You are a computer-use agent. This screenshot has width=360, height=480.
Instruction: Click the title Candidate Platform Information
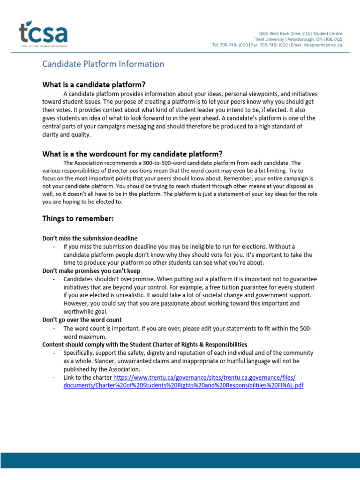coord(103,64)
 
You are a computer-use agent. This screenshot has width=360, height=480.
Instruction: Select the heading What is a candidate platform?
coord(94,84)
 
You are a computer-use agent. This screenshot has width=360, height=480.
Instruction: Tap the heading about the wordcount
coord(132,154)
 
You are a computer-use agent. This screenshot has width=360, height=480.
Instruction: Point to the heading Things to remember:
coord(78,218)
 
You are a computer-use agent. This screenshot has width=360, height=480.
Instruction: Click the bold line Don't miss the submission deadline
coord(90,238)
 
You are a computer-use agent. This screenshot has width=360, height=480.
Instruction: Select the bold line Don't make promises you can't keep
coord(91,271)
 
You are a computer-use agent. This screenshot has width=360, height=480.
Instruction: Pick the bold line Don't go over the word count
coord(82,320)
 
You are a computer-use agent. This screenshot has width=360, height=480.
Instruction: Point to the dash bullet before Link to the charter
coord(55,377)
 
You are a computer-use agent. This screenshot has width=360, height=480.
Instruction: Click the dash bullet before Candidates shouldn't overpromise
coord(55,279)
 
